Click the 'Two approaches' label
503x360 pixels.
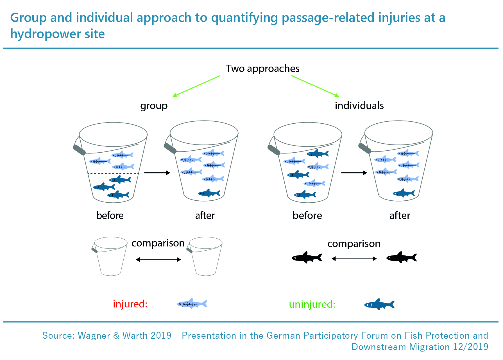pyautogui.click(x=262, y=69)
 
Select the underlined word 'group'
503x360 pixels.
pyautogui.click(x=154, y=106)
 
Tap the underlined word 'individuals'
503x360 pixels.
pyautogui.click(x=359, y=106)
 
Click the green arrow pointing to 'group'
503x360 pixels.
pyautogui.click(x=196, y=86)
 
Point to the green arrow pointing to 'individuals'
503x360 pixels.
pyautogui.click(x=315, y=86)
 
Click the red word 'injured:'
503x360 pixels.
pyautogui.click(x=130, y=304)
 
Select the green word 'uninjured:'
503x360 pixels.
pyautogui.click(x=312, y=304)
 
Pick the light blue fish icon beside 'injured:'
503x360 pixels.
pyautogui.click(x=192, y=304)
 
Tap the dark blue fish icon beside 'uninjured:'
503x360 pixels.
pyautogui.click(x=379, y=304)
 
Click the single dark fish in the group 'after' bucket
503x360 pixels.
pyautogui.click(x=209, y=193)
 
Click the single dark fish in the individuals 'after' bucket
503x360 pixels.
pyautogui.click(x=404, y=193)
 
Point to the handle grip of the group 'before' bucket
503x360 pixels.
pyautogui.click(x=79, y=150)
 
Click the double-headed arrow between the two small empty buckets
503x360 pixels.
pyautogui.click(x=158, y=260)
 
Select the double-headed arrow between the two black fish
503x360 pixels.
pyautogui.click(x=354, y=259)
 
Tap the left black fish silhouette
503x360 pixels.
pyautogui.click(x=307, y=257)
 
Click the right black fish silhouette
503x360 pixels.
pyautogui.click(x=402, y=257)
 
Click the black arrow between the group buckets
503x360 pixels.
pyautogui.click(x=157, y=173)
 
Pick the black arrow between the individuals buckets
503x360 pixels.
pyautogui.click(x=354, y=173)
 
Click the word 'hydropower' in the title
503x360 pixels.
pyautogui.click(x=46, y=34)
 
